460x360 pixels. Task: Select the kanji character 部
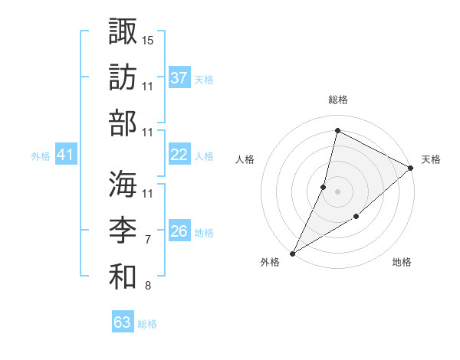coord(123,123)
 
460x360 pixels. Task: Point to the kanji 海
coord(123,183)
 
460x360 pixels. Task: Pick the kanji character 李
coord(123,230)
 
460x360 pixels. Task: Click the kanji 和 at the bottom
coord(123,277)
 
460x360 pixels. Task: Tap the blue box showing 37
coord(179,78)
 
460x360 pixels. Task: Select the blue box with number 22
coord(179,155)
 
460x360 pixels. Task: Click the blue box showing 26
coord(179,231)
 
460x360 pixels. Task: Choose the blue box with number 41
coord(65,155)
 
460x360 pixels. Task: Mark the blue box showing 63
coord(123,322)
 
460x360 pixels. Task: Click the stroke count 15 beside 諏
coord(148,39)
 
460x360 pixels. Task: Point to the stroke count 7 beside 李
coord(147,240)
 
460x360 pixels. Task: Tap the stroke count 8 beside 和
coord(147,286)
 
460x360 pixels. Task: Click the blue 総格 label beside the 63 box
coord(147,324)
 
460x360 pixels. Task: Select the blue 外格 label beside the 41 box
coord(41,156)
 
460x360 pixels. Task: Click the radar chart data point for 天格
coord(411,168)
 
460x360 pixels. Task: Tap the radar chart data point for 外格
coord(292,253)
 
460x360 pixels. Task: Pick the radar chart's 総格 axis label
coord(337,100)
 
